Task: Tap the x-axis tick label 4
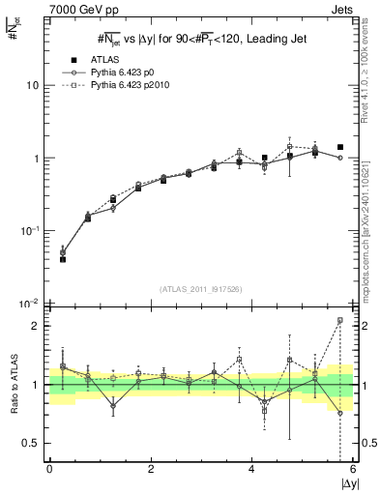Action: coord(252,470)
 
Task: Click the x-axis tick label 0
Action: coord(49,470)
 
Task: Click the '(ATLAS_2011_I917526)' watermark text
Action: coord(200,289)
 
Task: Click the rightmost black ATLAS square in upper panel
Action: coord(340,147)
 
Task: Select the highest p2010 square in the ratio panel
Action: coord(340,320)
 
